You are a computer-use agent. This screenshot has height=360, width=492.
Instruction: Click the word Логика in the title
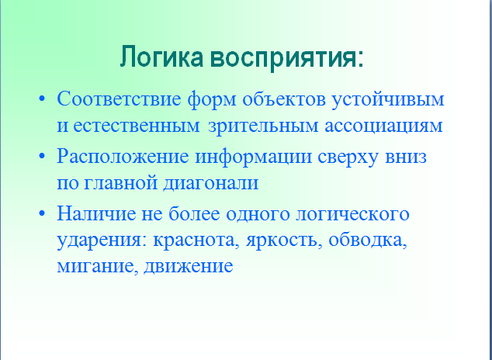tap(161, 57)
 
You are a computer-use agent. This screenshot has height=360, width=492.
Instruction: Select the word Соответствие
tap(119, 99)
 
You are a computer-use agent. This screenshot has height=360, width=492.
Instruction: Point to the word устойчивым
tap(388, 100)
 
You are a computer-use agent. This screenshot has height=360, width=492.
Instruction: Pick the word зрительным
tap(263, 126)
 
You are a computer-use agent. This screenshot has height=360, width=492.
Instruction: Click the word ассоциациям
tap(383, 126)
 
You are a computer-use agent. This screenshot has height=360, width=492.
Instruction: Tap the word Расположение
tap(123, 157)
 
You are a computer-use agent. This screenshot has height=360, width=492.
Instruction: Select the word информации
tap(254, 157)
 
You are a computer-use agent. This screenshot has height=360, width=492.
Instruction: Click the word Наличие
tap(96, 214)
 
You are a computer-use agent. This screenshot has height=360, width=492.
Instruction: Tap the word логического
tap(352, 215)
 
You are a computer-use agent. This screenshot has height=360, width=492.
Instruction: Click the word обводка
tap(368, 241)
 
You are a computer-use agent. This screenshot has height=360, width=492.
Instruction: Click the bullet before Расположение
tap(42, 156)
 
